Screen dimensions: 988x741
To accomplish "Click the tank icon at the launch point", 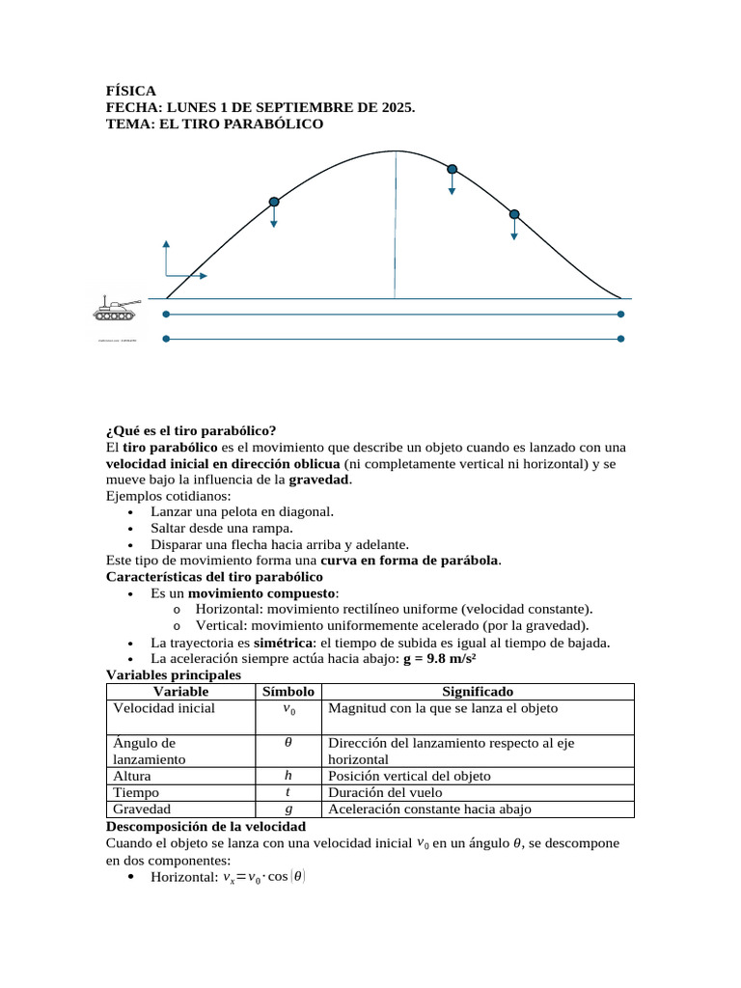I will (117, 309).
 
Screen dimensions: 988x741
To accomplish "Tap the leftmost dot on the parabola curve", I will (274, 202).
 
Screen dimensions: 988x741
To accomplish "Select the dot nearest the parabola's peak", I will (452, 169).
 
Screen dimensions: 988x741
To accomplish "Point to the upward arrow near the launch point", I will (166, 256).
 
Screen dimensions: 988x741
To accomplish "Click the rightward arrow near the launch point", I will (188, 276).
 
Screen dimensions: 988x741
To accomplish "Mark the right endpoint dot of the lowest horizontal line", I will (620, 339).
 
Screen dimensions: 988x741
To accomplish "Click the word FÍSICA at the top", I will (130, 90).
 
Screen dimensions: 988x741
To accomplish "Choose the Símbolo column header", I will (288, 692).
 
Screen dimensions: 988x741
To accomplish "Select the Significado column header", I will (477, 692).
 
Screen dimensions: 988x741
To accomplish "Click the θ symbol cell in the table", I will (288, 744).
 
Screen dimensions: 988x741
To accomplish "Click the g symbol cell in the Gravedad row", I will (288, 810).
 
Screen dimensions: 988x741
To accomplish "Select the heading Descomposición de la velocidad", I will (206, 827).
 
